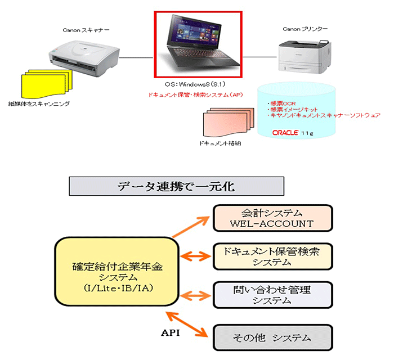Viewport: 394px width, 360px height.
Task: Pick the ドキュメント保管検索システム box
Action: coord(271,256)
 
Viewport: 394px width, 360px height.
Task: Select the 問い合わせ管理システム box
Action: coord(271,294)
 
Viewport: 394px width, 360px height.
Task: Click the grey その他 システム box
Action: coord(271,337)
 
